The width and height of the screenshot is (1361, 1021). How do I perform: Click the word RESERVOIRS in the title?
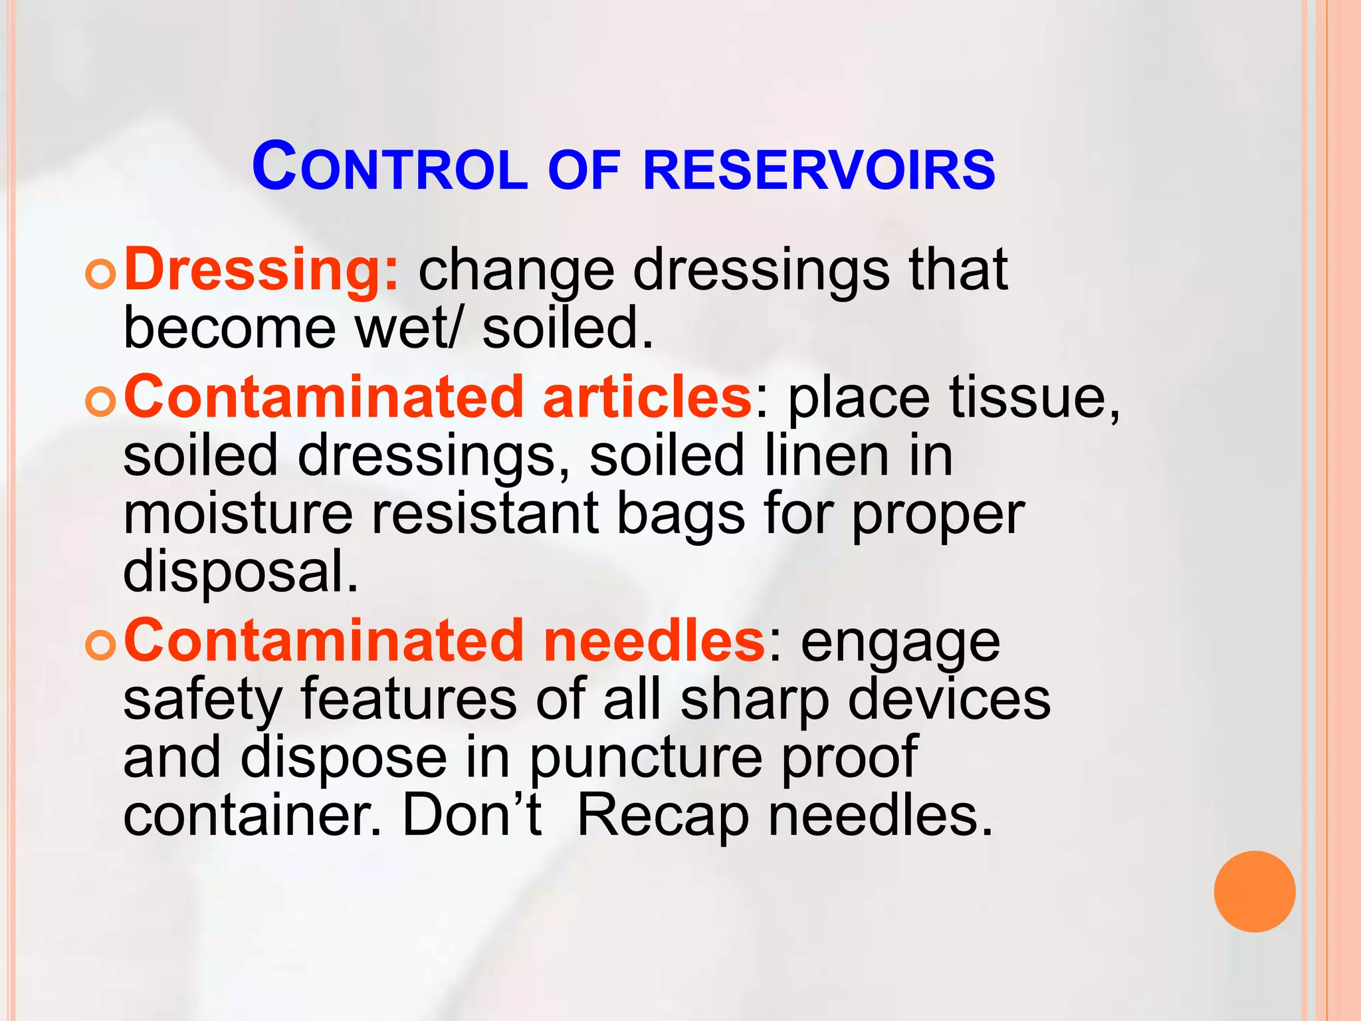(819, 170)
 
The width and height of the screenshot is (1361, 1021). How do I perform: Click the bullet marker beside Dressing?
(101, 274)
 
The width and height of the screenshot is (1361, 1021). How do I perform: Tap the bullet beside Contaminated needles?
(101, 644)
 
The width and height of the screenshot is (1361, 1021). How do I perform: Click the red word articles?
(647, 397)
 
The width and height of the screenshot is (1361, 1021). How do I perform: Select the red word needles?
(654, 641)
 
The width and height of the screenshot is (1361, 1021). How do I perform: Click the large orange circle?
(1254, 891)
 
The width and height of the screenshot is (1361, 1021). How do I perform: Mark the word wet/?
(407, 328)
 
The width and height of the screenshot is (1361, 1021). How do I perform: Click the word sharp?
(755, 701)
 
